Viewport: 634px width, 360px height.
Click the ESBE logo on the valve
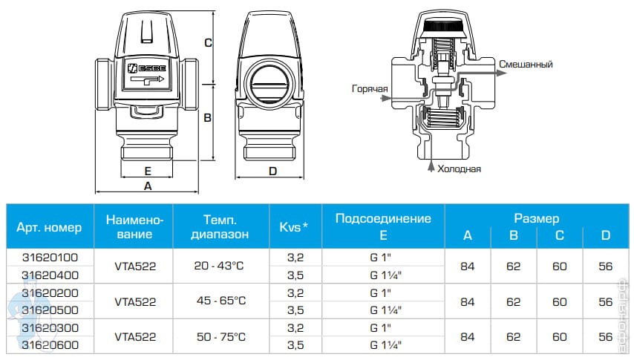coord(146,66)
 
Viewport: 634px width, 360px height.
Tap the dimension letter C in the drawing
coord(209,43)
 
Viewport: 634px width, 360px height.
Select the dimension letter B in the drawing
coord(209,117)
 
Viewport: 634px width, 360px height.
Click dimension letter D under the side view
coord(272,171)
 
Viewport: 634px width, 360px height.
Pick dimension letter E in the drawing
coord(147,170)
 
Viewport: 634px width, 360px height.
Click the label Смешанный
coord(526,65)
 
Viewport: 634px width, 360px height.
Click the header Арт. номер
coord(49,226)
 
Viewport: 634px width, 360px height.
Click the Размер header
coord(536,218)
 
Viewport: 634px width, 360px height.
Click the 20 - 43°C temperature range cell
coord(219,266)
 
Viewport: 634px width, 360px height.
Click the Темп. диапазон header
coord(219,226)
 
